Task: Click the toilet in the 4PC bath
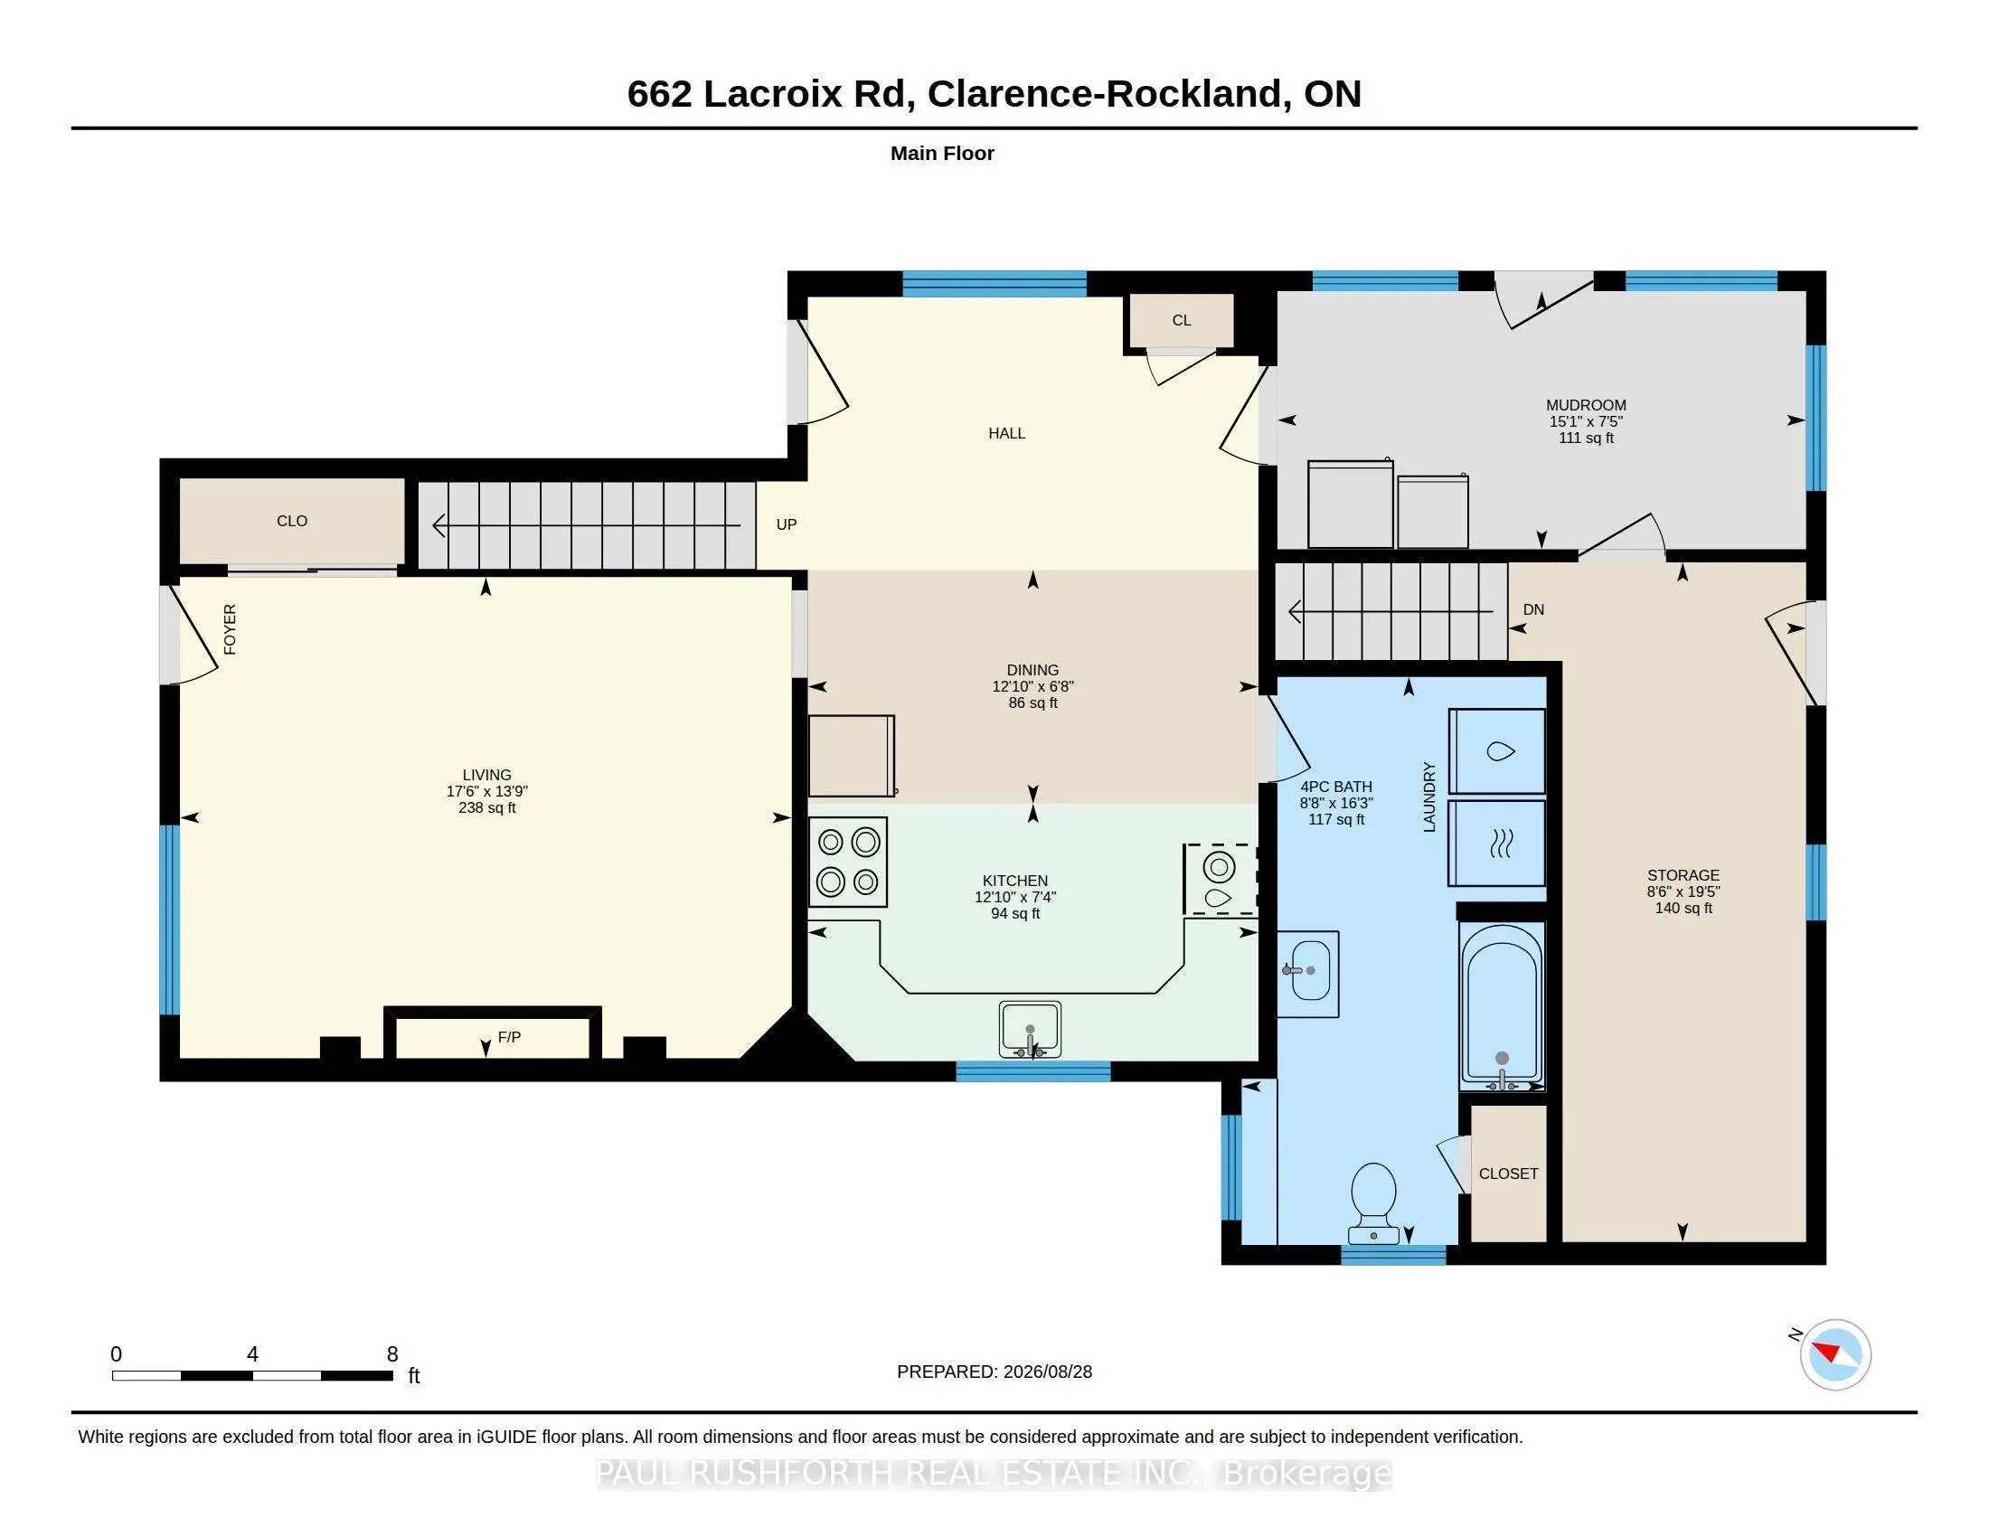click(1373, 1202)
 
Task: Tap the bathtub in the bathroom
click(1502, 1007)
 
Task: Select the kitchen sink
click(1030, 1030)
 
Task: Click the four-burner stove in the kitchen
click(848, 863)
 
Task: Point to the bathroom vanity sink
click(1307, 974)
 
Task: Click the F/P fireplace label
click(509, 1037)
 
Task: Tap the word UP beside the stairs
click(786, 524)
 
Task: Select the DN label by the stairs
click(1533, 609)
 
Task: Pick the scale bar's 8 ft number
click(392, 1354)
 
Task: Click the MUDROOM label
click(1586, 405)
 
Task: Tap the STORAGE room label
click(1683, 875)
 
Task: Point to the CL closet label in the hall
click(1182, 321)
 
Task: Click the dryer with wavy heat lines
click(1497, 844)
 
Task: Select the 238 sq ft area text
click(487, 807)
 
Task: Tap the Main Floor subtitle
click(942, 153)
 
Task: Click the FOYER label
click(230, 629)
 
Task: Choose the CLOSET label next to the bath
click(1508, 1174)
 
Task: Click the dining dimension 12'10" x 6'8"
click(1032, 686)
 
